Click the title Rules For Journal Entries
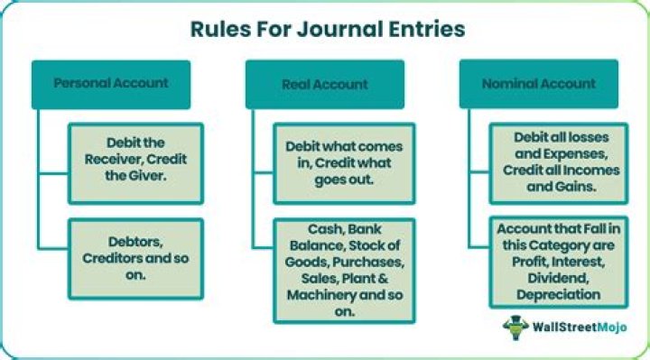tap(327, 29)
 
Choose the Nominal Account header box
tap(540, 84)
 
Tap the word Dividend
tap(549, 279)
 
